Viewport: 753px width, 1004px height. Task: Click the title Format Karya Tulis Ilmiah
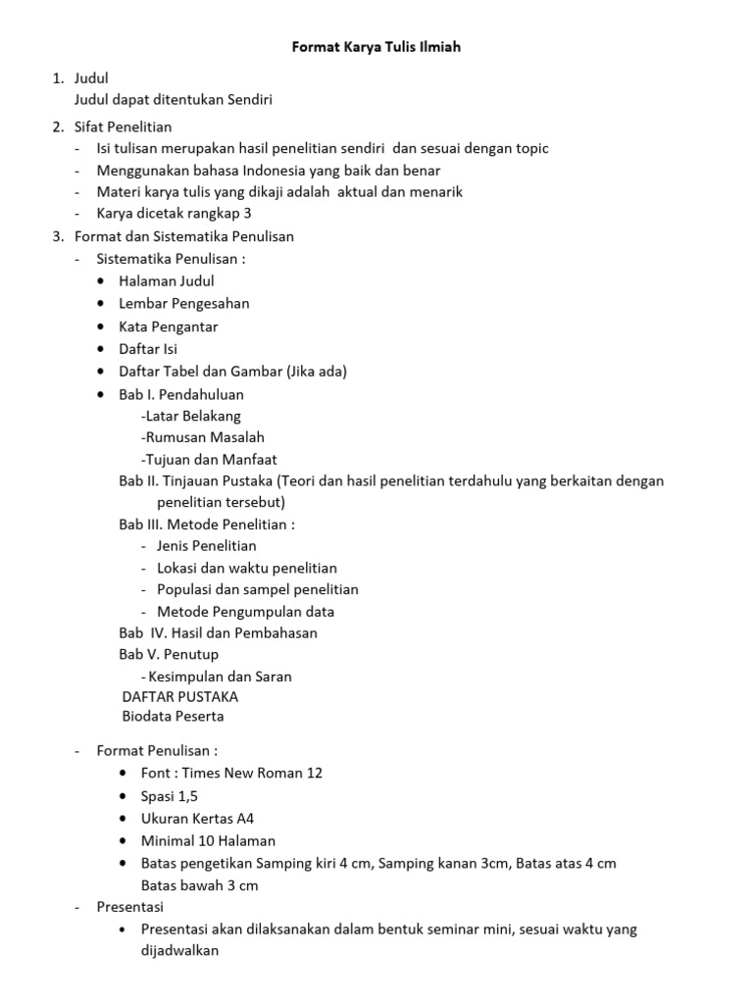376,47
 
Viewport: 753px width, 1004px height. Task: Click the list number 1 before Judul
57,78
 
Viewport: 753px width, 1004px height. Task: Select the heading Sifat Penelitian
124,126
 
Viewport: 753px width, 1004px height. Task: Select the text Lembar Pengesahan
183,304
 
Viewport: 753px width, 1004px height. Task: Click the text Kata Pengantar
168,326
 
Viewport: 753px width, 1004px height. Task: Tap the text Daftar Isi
148,349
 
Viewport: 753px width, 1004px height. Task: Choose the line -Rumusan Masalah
203,437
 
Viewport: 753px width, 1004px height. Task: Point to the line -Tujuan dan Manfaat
209,459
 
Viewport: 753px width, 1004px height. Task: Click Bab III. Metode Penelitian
206,525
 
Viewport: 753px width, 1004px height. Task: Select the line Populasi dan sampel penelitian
257,590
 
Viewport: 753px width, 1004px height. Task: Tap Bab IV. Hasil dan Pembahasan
218,633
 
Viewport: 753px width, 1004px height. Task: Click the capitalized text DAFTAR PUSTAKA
179,697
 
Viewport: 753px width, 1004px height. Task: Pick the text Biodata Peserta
173,717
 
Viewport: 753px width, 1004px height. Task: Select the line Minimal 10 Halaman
208,841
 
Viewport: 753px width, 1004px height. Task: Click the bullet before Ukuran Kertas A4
122,819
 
